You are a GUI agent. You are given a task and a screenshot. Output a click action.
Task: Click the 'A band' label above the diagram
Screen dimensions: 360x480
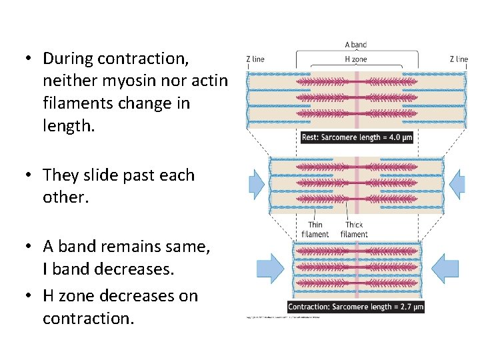click(355, 45)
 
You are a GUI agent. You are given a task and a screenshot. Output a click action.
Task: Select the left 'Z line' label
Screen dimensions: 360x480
click(255, 59)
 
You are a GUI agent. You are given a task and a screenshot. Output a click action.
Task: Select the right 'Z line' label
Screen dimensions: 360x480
click(459, 59)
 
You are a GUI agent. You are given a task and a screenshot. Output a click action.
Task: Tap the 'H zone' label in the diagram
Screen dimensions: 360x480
click(355, 59)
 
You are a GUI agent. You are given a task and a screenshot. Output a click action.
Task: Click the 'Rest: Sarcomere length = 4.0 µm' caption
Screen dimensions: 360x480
click(357, 137)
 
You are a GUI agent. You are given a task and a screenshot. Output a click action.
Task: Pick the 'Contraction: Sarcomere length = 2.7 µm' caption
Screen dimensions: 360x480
click(355, 307)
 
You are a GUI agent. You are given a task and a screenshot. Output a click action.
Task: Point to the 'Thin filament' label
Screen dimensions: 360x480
click(315, 229)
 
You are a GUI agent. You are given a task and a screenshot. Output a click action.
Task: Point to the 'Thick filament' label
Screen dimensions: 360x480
click(354, 229)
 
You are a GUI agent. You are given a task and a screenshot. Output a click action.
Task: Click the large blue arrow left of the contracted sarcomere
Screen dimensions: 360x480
click(270, 268)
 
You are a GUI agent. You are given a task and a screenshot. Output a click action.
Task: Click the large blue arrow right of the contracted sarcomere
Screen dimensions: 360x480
click(445, 268)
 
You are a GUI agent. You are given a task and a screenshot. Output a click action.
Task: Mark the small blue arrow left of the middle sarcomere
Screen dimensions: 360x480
click(257, 181)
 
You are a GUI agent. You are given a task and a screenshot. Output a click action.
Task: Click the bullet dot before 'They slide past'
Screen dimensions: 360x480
click(29, 175)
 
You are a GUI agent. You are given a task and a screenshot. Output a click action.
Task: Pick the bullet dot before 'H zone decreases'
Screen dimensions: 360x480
click(29, 296)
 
